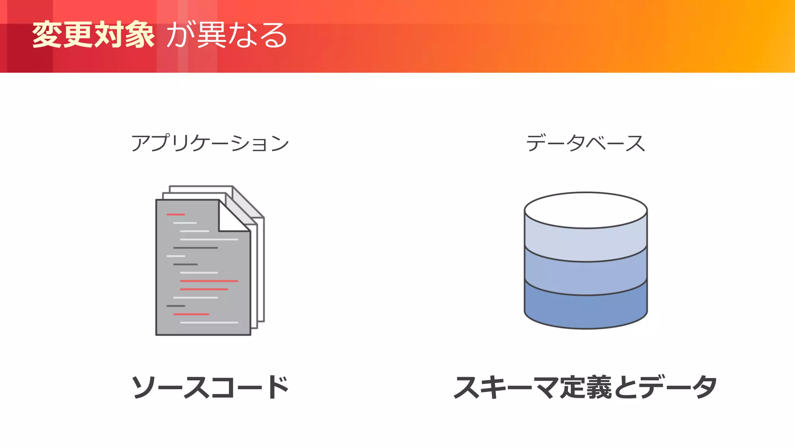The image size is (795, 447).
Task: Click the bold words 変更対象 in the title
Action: (93, 35)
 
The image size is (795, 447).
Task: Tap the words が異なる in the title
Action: (227, 35)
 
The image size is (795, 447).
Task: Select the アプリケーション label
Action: (210, 143)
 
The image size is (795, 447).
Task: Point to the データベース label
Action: (585, 143)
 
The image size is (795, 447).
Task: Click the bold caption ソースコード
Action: (210, 387)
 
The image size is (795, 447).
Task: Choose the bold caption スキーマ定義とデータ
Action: (585, 387)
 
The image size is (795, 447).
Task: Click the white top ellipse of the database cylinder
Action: (585, 210)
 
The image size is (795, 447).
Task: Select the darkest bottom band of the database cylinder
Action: (585, 310)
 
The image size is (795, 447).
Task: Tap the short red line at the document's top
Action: (175, 214)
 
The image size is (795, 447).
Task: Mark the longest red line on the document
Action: (209, 281)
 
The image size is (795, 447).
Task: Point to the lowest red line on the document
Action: (191, 314)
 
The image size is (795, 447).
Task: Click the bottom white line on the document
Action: (209, 322)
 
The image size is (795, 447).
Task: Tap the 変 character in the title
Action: (47, 35)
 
